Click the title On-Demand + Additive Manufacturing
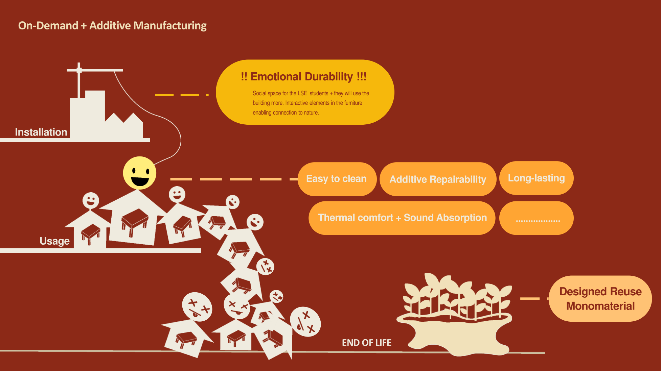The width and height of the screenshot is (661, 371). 112,26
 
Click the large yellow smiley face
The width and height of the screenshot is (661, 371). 139,173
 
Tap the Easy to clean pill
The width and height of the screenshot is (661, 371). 337,179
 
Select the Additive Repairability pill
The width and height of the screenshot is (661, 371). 438,179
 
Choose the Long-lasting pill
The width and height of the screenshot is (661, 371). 536,178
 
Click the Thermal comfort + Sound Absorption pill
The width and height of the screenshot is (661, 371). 402,218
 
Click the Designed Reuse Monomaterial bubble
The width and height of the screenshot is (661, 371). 600,299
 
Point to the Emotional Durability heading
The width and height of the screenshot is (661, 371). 303,77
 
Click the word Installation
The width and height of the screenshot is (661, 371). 41,132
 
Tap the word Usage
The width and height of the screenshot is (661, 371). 54,241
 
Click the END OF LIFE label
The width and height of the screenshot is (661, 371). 366,343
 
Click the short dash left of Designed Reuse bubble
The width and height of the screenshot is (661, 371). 530,298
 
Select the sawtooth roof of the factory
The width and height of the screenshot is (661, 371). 123,118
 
